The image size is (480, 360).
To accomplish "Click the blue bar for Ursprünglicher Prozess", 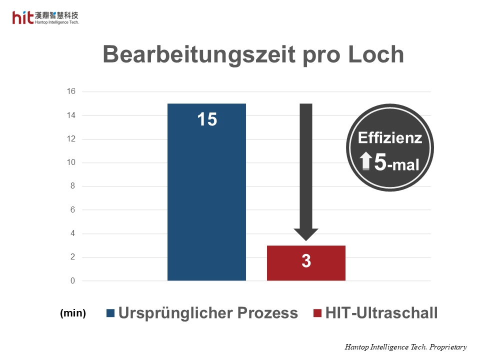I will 206,200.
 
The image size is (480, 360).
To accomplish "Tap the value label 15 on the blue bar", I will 206,119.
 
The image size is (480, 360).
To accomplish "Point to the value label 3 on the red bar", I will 306,261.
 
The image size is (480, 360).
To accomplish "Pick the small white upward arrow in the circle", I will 366,161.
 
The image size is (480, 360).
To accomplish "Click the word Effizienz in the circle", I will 390,138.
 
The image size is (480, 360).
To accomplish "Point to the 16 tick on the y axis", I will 71,91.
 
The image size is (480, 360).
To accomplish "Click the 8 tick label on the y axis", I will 72,186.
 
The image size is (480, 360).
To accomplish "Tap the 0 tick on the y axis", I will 72,281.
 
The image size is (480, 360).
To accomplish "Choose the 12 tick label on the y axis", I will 71,139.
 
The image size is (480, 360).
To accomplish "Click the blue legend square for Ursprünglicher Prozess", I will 110,313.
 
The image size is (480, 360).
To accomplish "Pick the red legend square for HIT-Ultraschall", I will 317,313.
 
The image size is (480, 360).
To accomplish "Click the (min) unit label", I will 73,313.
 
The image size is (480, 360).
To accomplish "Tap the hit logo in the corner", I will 23,18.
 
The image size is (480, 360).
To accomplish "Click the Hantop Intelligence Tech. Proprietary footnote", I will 405,346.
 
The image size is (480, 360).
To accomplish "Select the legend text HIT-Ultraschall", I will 381,313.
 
